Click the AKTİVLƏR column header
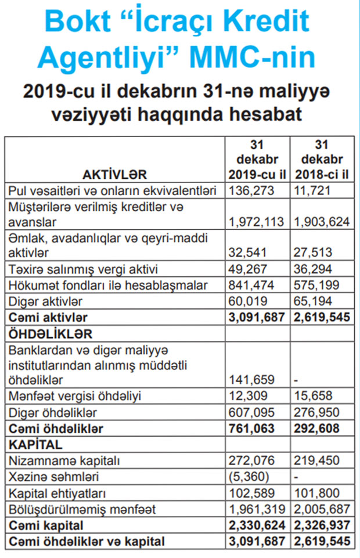coord(114,174)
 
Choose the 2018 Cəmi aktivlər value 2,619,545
coord(322,316)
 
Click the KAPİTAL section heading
coord(36,445)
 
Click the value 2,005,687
coord(322,509)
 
